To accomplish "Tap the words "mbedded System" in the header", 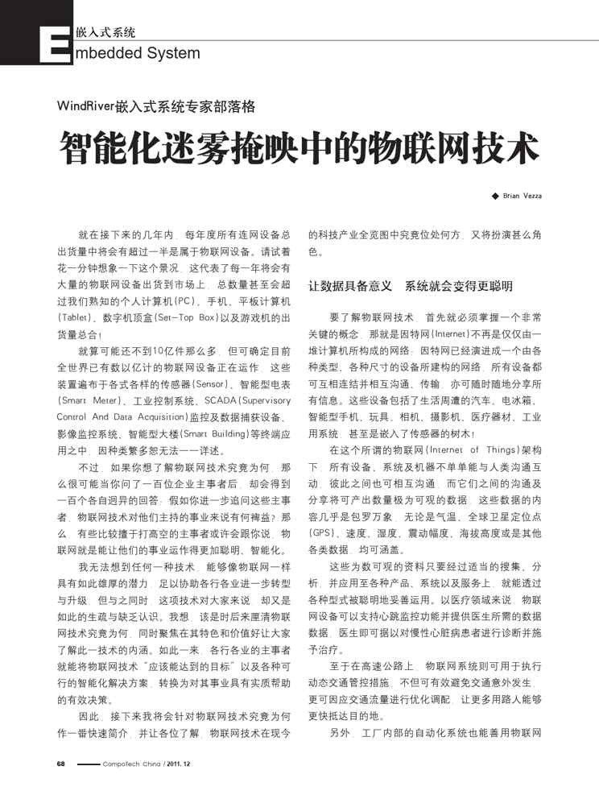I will pyautogui.click(x=137, y=53).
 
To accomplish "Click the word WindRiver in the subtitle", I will pyautogui.click(x=87, y=106).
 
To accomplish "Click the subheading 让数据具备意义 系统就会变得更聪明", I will pyautogui.click(x=411, y=286).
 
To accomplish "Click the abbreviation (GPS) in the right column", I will pyautogui.click(x=322, y=533).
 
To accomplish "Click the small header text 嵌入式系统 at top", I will pyautogui.click(x=105, y=33).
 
